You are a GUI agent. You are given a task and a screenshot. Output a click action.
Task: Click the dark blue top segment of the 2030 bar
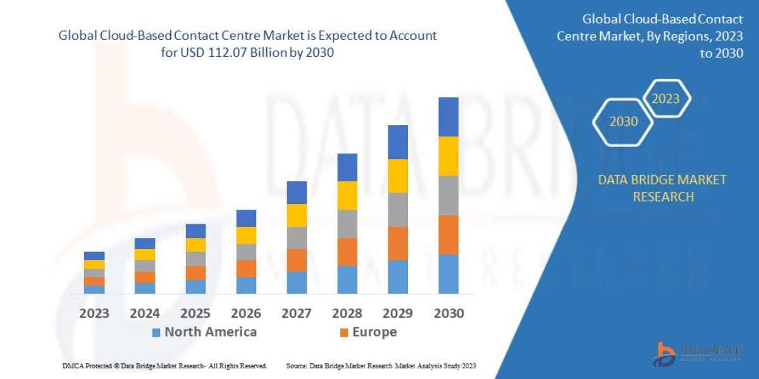click(448, 117)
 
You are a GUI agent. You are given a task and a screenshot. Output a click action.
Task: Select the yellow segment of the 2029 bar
click(398, 176)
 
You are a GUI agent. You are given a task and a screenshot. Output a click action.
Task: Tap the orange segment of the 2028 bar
click(347, 251)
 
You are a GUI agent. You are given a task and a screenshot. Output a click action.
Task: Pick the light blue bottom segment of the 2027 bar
click(297, 282)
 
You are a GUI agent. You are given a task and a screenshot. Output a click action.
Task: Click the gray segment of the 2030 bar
click(448, 195)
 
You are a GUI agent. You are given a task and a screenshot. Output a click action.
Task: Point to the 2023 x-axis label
click(94, 313)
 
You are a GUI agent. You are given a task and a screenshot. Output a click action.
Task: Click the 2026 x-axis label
click(246, 313)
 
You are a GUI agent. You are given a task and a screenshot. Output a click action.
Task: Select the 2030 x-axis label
click(448, 313)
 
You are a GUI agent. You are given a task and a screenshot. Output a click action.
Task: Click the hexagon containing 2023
click(665, 99)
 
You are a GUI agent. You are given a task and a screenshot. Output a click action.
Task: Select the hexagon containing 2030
click(623, 121)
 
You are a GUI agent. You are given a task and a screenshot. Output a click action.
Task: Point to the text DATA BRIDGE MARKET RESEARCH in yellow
click(662, 188)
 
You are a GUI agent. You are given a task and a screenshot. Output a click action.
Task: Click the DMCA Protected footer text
click(164, 366)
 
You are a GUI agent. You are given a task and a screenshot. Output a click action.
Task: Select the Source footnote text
click(381, 366)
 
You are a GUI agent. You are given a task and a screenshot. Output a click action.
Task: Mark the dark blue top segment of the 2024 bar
click(145, 243)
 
